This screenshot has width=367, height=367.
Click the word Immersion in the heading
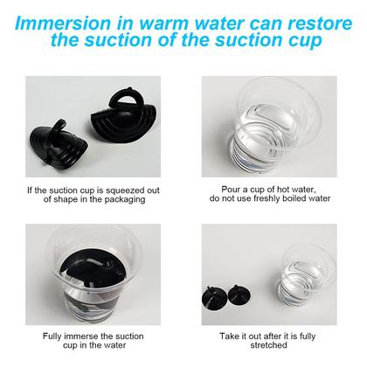[x=63, y=24]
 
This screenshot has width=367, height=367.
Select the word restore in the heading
[x=320, y=24]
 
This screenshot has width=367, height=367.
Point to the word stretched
[x=268, y=345]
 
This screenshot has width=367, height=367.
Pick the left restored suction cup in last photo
[x=213, y=298]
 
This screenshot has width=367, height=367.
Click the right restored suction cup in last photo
[x=239, y=296]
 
